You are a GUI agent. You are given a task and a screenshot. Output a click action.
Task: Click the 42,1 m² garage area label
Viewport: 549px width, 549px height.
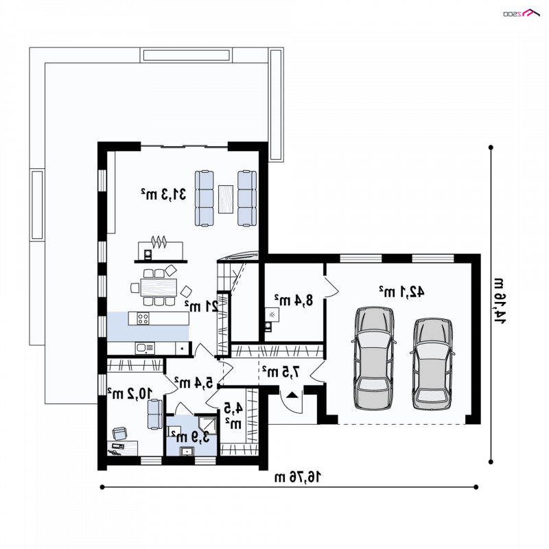[x=401, y=291]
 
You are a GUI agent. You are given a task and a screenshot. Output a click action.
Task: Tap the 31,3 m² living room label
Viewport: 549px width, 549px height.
[x=163, y=194]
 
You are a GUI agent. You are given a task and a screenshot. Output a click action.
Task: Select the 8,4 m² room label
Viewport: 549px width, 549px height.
[x=294, y=300]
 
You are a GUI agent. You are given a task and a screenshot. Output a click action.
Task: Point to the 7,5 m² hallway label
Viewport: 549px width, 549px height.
[x=281, y=371]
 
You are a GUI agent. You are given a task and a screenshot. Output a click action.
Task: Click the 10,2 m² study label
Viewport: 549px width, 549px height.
[x=130, y=393]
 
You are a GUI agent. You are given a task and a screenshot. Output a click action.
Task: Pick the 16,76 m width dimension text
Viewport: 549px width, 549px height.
[x=298, y=476]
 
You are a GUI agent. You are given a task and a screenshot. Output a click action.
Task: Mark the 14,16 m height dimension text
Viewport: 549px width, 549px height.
[x=500, y=301]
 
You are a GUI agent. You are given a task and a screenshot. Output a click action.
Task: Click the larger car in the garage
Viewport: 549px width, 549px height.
[x=374, y=358]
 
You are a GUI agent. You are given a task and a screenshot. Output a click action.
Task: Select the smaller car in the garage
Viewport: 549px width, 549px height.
[x=432, y=364]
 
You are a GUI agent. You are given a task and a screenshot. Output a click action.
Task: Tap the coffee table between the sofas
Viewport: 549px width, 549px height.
[x=226, y=199]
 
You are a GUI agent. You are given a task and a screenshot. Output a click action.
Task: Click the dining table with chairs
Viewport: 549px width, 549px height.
[x=159, y=287]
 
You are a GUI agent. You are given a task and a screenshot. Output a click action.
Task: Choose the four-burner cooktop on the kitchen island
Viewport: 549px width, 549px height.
[x=143, y=318]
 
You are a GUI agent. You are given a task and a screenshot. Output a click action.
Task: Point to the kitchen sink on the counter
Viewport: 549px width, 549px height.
[x=145, y=348]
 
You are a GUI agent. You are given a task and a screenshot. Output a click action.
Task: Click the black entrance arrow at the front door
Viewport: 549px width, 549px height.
[x=292, y=395]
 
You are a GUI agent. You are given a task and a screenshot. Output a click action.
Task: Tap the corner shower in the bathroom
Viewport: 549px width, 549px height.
[x=208, y=425]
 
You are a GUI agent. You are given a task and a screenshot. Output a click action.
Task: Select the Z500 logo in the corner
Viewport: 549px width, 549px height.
[x=522, y=13]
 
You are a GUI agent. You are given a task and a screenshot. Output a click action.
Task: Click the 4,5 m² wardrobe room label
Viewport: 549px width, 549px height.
[x=233, y=415]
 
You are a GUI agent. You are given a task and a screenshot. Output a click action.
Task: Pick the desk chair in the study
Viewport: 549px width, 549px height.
[x=119, y=433]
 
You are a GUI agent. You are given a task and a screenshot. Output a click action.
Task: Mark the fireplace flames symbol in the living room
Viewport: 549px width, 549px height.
[x=159, y=242]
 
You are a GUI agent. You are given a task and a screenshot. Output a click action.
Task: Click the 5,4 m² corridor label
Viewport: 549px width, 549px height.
[x=194, y=382]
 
